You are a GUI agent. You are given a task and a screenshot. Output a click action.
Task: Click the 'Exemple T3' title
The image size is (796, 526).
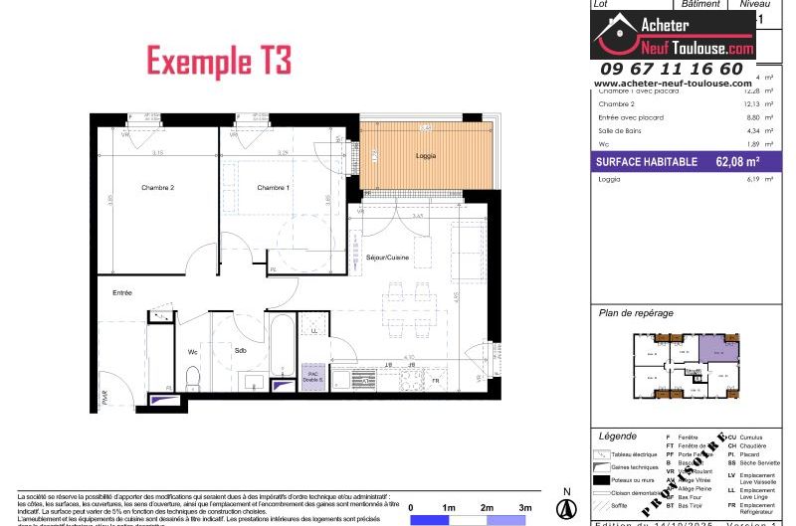pos(219,60)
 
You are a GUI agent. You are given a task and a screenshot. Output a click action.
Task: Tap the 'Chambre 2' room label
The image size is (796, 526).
pos(157,188)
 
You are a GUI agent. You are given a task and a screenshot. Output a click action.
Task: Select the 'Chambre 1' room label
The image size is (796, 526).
pos(273,188)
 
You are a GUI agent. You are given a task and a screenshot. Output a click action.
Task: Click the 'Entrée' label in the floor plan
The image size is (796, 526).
pos(122,292)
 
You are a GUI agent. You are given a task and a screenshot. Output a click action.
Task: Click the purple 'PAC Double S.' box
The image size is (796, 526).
pos(313,378)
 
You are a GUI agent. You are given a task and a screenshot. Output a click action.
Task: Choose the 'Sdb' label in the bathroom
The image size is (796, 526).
pos(241,351)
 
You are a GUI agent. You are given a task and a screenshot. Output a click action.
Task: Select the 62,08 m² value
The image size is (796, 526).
pos(737,161)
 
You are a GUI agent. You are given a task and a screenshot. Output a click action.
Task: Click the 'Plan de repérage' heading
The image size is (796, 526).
pos(636,313)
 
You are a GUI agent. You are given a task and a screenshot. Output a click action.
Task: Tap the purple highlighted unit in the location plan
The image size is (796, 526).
pos(717,348)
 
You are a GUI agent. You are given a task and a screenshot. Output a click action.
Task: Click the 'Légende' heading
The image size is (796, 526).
pos(619,437)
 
